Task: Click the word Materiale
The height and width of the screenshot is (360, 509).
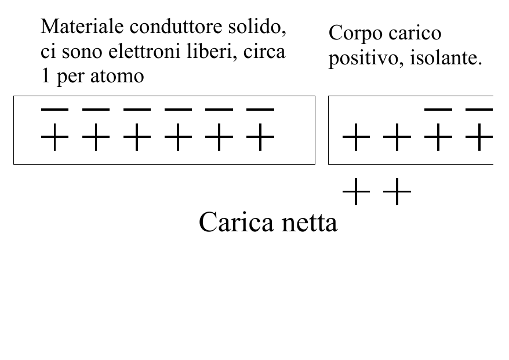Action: click(x=82, y=26)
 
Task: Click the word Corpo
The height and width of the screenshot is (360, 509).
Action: click(x=355, y=34)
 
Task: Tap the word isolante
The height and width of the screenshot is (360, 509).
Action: click(x=446, y=59)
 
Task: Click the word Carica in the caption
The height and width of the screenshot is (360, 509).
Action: click(x=237, y=223)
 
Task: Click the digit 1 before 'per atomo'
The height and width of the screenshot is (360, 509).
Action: click(x=45, y=77)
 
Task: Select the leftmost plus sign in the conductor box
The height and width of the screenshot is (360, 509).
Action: click(x=54, y=137)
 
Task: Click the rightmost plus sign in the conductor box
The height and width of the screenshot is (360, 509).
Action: click(x=260, y=137)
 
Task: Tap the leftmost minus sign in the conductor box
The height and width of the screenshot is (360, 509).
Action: click(x=54, y=110)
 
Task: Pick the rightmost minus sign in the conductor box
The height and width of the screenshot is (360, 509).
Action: click(x=260, y=110)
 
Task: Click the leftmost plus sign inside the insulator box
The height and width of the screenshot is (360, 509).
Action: click(x=356, y=137)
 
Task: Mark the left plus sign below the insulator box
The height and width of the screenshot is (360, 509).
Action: click(x=356, y=191)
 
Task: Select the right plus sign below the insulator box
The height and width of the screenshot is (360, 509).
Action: click(x=397, y=191)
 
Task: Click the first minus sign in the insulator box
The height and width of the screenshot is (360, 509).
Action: click(x=438, y=110)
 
